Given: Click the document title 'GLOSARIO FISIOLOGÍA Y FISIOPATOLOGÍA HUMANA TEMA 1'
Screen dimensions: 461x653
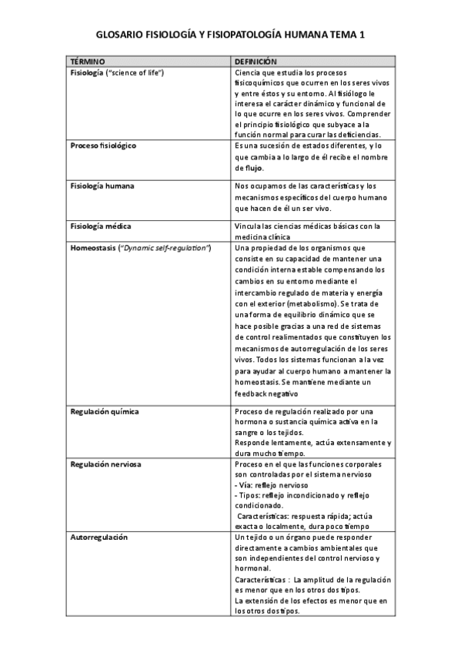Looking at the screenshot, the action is pyautogui.click(x=230, y=35).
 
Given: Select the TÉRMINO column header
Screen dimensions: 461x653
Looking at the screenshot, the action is pyautogui.click(x=87, y=61).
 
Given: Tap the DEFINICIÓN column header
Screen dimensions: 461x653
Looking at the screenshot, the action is pyautogui.click(x=256, y=61).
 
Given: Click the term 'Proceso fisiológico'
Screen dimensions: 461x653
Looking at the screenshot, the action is pyautogui.click(x=103, y=145).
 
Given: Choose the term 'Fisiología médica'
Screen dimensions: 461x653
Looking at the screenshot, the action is pyautogui.click(x=100, y=226).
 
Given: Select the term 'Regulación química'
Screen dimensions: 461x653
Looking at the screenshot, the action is pyautogui.click(x=104, y=411).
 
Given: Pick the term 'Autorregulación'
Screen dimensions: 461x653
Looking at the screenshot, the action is pyautogui.click(x=99, y=537).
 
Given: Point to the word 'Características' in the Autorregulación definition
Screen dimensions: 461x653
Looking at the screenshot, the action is pyautogui.click(x=260, y=579).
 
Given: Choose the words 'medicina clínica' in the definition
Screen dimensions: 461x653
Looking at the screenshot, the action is pyautogui.click(x=265, y=237).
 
